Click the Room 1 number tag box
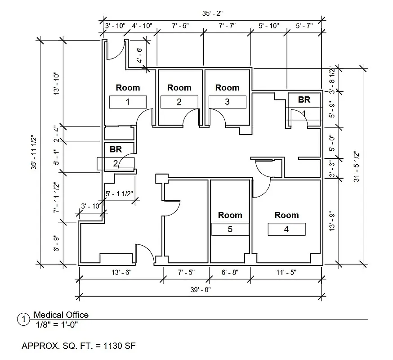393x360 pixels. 128,102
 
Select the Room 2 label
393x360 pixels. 179,88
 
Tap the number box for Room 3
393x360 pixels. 227,102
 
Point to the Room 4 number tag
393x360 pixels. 286,229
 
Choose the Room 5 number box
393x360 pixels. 230,229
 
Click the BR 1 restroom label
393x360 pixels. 304,100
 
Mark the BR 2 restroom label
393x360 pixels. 116,149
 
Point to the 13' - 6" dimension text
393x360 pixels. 120,273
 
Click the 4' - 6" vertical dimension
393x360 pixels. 140,55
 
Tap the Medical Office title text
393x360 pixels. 61,315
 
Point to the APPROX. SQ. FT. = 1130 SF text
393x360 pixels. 79,346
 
